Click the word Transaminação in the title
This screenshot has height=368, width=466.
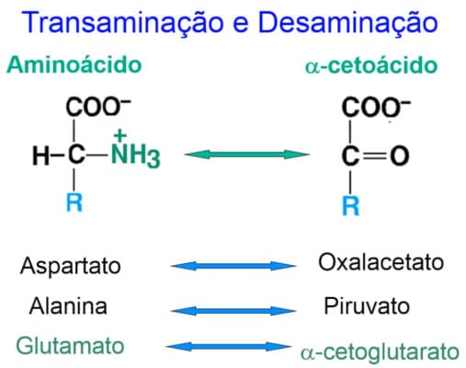click(x=123, y=23)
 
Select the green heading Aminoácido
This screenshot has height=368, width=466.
click(x=74, y=65)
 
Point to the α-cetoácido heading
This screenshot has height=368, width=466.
click(x=371, y=65)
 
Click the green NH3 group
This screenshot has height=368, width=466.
click(x=135, y=155)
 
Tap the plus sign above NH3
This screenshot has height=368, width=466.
click(x=119, y=135)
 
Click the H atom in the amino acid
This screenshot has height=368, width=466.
click(x=40, y=155)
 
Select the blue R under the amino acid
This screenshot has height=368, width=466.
click(x=74, y=202)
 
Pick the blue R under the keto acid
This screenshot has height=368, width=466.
click(x=351, y=205)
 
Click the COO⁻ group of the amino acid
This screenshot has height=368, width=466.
click(x=98, y=107)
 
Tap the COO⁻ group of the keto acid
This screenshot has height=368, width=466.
click(x=376, y=107)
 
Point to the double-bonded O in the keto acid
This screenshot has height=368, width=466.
click(x=400, y=155)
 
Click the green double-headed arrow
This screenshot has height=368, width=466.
click(x=247, y=155)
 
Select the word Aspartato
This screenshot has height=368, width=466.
click(x=71, y=266)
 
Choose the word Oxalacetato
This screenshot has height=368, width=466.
click(x=381, y=262)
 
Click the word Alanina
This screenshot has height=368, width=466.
click(x=68, y=306)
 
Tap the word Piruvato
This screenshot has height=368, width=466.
click(x=367, y=306)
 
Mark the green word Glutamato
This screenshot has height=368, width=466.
click(x=70, y=346)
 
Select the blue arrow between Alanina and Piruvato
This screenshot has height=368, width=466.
click(x=233, y=311)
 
